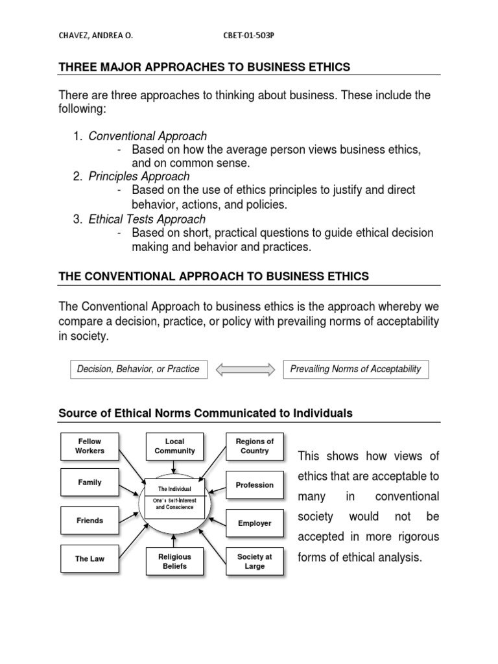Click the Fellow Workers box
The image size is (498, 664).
coord(89,446)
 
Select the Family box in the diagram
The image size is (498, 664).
coord(89,482)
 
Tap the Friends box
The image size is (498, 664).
coord(89,521)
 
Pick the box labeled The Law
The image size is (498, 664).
coord(89,558)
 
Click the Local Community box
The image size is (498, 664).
coord(174,446)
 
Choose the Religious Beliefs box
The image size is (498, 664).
coord(174,561)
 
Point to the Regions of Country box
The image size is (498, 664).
coord(254,446)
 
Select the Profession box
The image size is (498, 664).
coord(254,485)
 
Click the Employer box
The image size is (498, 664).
coord(254,523)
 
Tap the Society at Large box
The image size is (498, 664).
coord(254,561)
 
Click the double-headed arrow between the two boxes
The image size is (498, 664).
coord(241,370)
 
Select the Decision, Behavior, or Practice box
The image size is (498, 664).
coord(138,369)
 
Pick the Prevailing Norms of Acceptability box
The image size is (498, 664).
coord(356,369)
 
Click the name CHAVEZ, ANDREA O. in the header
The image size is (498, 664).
coord(95,37)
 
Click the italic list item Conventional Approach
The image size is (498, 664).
coord(148,136)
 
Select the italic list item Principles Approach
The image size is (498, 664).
coord(139,176)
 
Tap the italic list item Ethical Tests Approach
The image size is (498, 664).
coord(147,219)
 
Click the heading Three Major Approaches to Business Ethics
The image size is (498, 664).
coord(204,67)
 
